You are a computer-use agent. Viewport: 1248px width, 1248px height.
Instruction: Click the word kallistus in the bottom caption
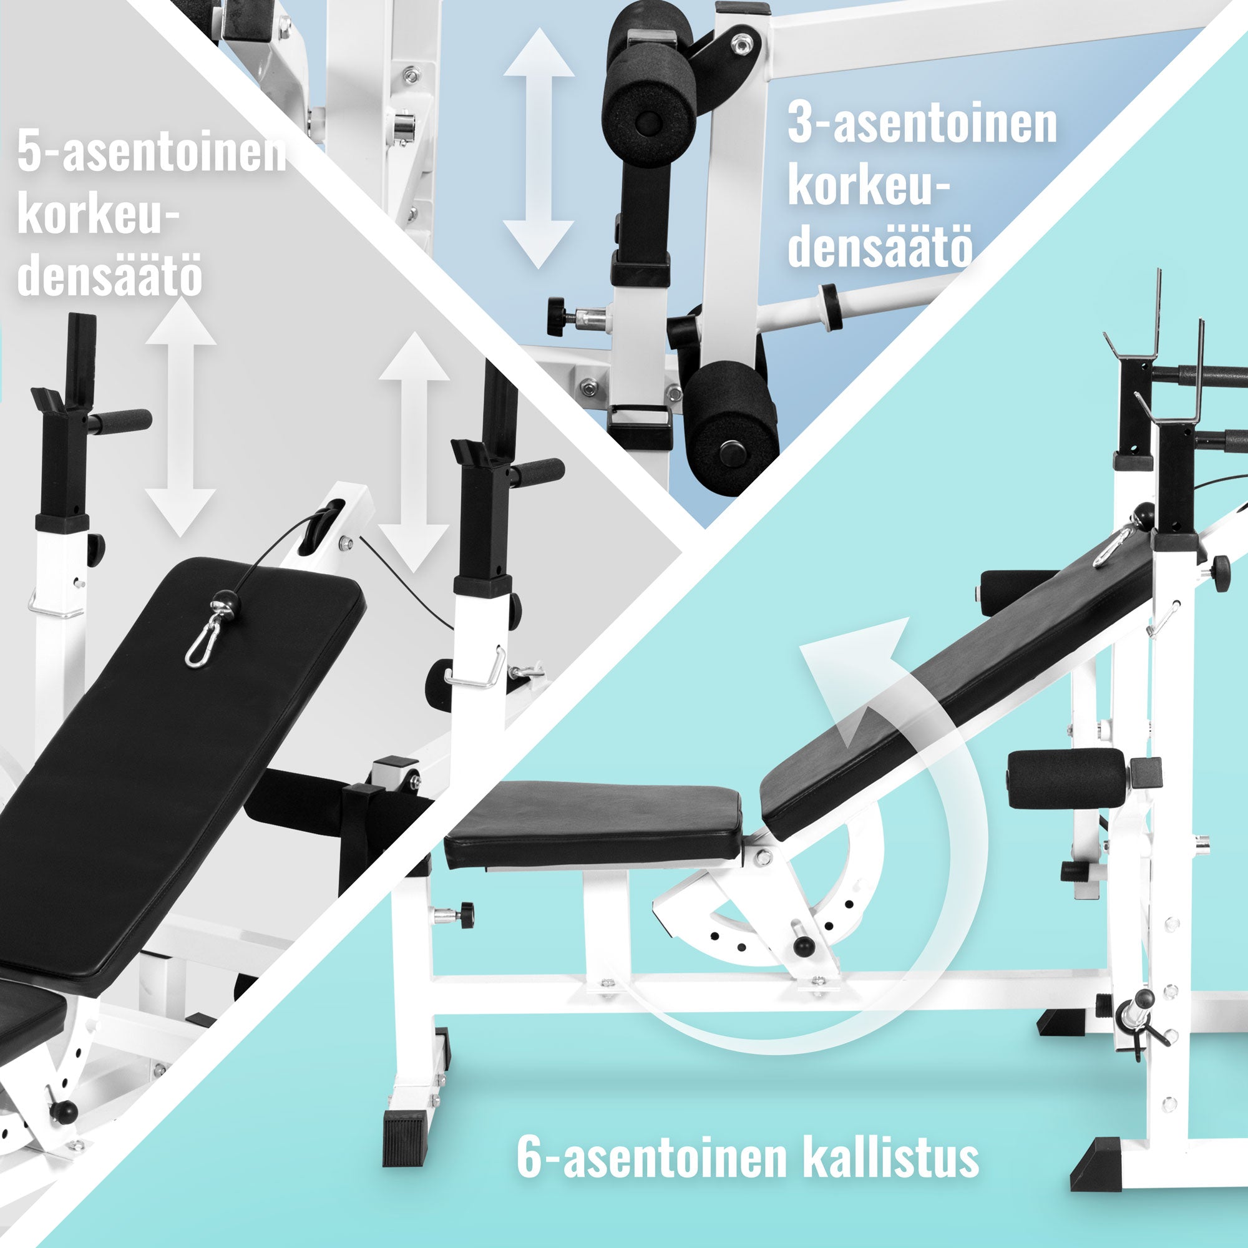point(891,1158)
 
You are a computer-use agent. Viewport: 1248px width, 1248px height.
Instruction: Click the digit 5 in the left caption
point(29,151)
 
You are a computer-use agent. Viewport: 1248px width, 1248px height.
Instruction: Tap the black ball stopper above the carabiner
point(228,605)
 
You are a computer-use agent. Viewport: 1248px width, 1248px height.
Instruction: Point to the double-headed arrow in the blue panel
point(538,148)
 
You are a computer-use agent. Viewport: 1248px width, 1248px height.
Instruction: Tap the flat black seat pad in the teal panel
point(593,826)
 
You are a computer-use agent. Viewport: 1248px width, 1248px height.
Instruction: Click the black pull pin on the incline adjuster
point(804,947)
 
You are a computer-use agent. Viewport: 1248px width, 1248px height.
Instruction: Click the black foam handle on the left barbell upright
point(120,421)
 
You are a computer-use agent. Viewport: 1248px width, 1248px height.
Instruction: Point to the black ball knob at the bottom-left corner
point(64,1112)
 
